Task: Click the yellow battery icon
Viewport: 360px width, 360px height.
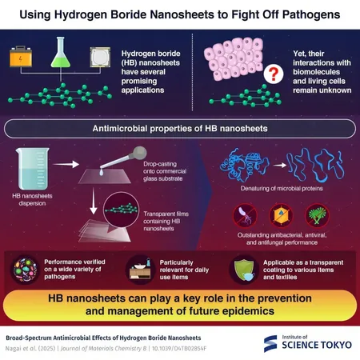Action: [x=21, y=57]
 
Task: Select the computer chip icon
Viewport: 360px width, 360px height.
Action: [x=100, y=57]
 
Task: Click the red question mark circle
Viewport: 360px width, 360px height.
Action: [x=274, y=74]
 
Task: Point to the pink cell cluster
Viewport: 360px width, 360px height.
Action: [x=234, y=58]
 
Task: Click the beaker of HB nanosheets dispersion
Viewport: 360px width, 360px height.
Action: [x=33, y=169]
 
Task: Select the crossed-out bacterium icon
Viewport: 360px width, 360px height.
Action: [x=245, y=215]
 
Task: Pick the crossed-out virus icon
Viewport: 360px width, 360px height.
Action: [x=281, y=215]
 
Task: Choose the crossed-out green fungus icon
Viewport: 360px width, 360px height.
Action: [x=317, y=215]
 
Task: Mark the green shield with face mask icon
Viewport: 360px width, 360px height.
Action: [x=244, y=270]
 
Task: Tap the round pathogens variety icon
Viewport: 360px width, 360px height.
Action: [x=25, y=270]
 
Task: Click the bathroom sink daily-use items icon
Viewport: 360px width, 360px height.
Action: [x=140, y=270]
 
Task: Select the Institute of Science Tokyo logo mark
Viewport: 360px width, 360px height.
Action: [x=270, y=344]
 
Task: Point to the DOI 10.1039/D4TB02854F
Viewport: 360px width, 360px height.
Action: [x=179, y=349]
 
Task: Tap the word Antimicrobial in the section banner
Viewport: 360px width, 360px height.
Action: [x=120, y=129]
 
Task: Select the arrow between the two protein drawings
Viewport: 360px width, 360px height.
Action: [x=280, y=166]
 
